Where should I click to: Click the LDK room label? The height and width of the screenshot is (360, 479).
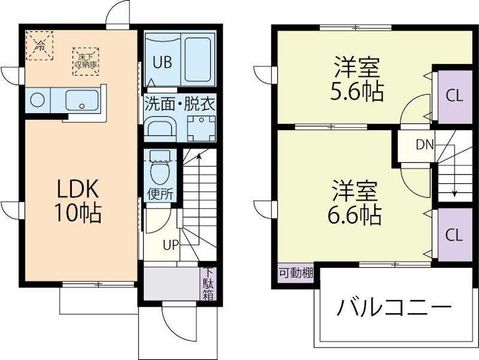[x=78, y=189]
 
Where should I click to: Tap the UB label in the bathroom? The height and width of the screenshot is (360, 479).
[x=162, y=62]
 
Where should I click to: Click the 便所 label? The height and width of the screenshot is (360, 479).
[x=160, y=194]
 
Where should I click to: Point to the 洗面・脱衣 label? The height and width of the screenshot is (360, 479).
[x=180, y=103]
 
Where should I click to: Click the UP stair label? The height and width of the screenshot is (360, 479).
[x=171, y=245]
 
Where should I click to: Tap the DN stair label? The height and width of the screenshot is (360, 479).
[x=425, y=144]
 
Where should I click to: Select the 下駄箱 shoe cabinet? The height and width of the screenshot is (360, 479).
[x=208, y=284]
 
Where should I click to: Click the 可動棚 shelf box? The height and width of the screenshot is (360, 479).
[x=296, y=273]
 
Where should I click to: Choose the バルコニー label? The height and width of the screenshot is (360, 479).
[x=394, y=307]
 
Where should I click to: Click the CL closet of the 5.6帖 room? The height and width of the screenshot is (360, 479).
[x=455, y=96]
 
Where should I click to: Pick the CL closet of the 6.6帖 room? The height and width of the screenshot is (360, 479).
[x=455, y=235]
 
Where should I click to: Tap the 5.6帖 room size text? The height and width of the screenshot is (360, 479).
[x=357, y=92]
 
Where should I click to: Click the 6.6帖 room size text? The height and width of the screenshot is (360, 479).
[x=354, y=215]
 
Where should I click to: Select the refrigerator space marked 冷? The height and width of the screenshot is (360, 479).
[x=40, y=46]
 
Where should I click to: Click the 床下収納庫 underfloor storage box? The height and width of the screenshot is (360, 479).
[x=86, y=61]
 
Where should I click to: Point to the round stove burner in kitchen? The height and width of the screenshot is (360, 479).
[x=38, y=100]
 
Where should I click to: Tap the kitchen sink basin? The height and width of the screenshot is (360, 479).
[x=82, y=100]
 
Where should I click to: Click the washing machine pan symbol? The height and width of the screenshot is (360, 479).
[x=201, y=128]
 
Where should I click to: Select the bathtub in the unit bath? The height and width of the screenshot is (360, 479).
[x=198, y=59]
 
